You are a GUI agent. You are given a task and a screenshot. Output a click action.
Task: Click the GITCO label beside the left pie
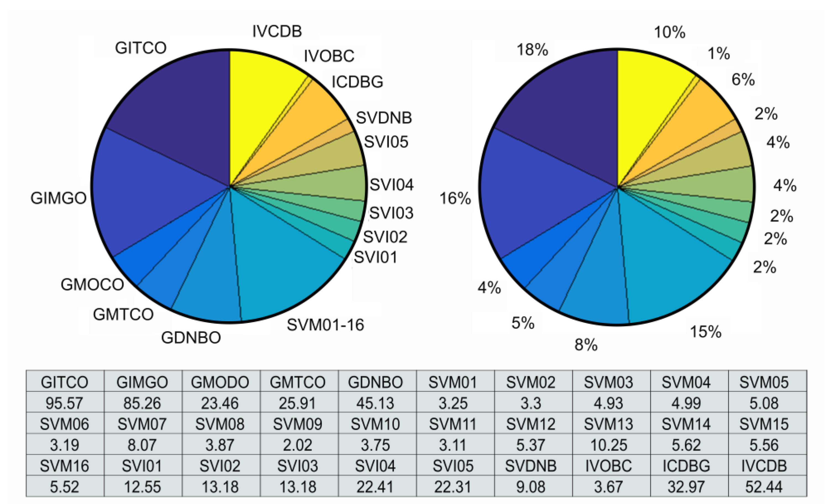(x=141, y=48)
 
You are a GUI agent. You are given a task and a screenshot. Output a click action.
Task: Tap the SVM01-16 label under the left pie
(x=325, y=325)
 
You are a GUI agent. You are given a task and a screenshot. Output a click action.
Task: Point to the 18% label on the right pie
(x=532, y=49)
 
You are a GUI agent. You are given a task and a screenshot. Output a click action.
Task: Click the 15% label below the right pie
(x=706, y=332)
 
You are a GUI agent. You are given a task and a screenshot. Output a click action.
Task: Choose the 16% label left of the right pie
(x=455, y=198)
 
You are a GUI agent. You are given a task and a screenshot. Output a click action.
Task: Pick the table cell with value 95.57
(x=64, y=403)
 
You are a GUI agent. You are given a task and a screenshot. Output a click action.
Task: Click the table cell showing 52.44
(x=764, y=487)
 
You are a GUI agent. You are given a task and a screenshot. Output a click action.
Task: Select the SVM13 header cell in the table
(x=608, y=424)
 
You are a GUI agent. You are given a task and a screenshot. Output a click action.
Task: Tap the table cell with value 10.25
(x=608, y=445)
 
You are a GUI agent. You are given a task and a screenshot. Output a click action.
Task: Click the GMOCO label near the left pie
(x=92, y=285)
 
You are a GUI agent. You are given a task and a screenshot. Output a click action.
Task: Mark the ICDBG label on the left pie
(x=357, y=82)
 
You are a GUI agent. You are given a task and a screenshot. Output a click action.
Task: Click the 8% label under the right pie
(x=586, y=345)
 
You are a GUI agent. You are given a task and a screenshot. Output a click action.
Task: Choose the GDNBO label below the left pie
(x=191, y=338)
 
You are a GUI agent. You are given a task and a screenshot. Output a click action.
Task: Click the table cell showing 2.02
(x=298, y=445)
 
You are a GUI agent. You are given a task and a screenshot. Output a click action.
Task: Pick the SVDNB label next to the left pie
(x=383, y=118)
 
